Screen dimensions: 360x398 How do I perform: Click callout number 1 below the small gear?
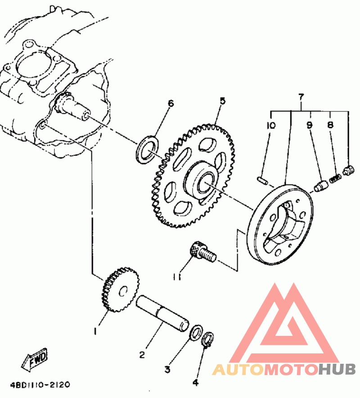click(95, 331)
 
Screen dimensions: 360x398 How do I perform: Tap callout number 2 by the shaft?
click(142, 355)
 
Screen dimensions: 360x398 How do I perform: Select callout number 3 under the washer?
click(167, 370)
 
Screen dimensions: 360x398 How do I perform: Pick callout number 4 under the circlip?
click(195, 383)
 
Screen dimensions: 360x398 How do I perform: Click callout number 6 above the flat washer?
click(170, 104)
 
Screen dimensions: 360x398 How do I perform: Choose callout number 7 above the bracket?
click(301, 97)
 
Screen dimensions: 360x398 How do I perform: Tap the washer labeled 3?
click(196, 333)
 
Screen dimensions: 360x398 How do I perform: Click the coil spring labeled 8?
click(335, 178)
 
